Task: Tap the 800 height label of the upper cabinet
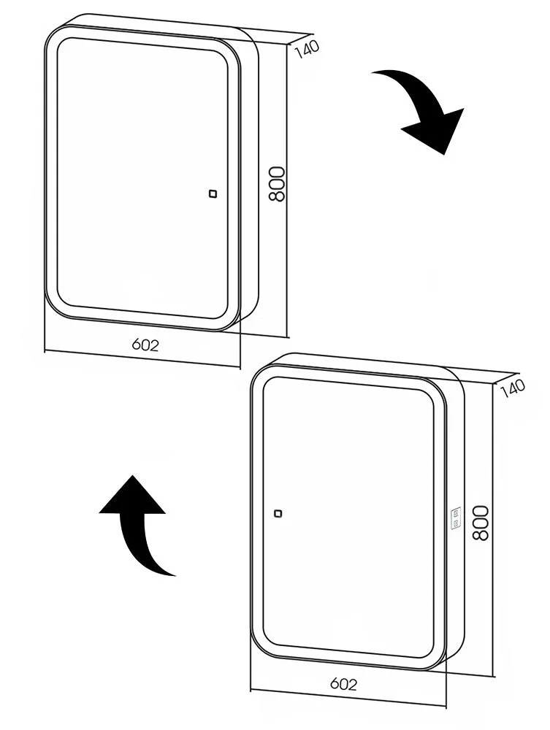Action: [277, 184]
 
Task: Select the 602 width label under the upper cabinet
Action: [145, 345]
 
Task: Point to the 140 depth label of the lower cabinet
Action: [513, 389]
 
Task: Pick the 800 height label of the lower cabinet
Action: [481, 523]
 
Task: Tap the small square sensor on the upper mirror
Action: [213, 193]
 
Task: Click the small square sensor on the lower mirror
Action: [278, 513]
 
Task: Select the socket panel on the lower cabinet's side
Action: [456, 518]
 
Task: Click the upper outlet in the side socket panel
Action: [456, 512]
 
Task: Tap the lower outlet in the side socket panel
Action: [456, 523]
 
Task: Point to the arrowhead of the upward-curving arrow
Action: [133, 496]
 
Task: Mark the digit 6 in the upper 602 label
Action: [137, 345]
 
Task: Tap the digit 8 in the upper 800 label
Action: [277, 196]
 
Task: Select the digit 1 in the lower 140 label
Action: [503, 393]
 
